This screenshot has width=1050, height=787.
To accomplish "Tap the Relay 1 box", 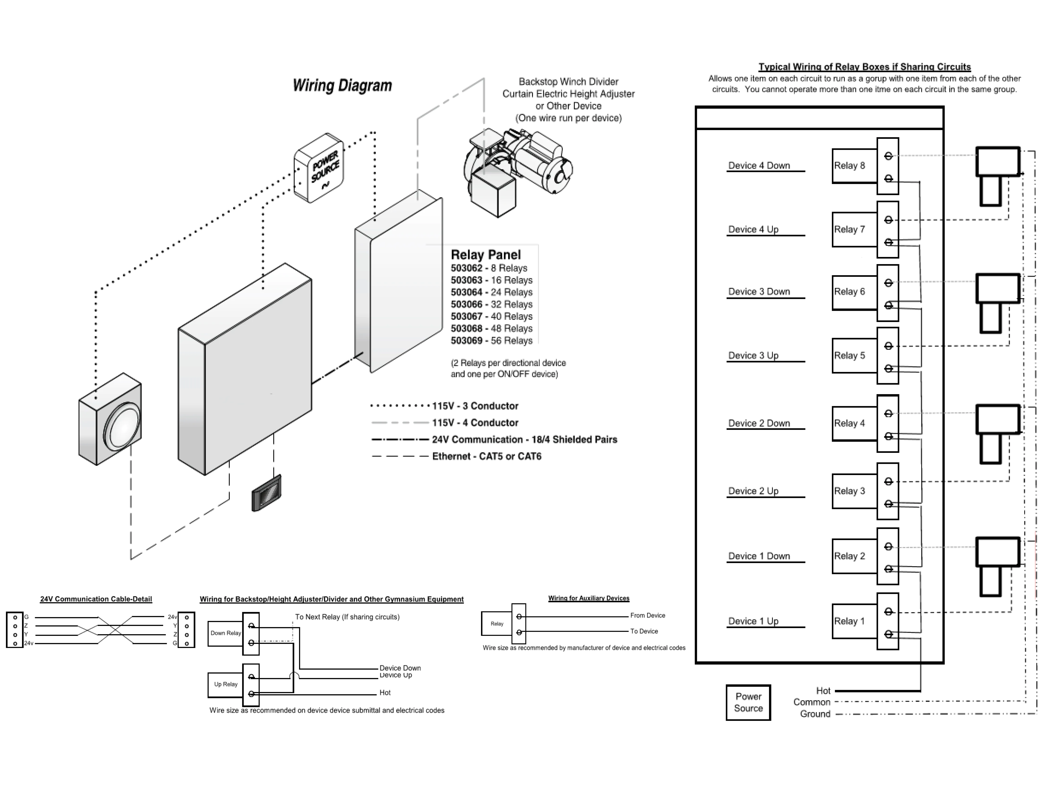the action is coord(854,621).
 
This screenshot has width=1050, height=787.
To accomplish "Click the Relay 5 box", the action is coord(854,355).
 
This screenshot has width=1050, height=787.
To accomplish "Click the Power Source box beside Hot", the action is coord(748,702).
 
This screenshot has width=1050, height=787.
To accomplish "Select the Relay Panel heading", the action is coord(486,255).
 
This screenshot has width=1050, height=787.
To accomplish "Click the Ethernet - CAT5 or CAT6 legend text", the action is coord(487,456).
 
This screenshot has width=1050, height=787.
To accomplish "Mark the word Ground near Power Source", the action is coord(815,714).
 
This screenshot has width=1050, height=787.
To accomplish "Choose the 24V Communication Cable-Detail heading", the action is coord(96,599).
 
